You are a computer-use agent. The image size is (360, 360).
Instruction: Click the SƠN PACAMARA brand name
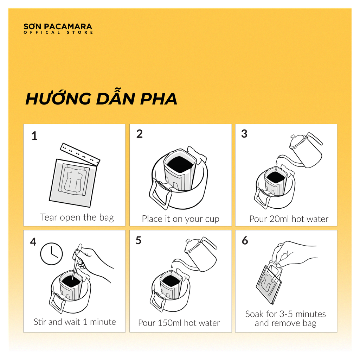coord(58,26)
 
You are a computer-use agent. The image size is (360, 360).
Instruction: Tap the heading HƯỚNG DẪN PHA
coord(101,99)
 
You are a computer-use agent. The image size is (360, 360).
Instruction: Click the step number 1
coord(34,136)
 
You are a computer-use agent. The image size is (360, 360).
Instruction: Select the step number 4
coord(33,242)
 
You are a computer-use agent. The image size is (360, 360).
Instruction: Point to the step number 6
coord(245,241)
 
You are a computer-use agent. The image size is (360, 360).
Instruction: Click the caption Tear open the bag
coord(77,217)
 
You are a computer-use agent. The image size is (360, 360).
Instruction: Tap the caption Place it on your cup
coord(180,219)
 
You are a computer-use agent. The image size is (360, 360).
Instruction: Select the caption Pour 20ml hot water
coord(289,219)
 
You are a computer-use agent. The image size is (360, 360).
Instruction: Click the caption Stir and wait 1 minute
coord(75,322)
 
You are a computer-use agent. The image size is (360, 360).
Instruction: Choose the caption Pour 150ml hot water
coord(179,323)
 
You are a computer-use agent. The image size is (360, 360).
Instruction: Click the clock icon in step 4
coord(51,253)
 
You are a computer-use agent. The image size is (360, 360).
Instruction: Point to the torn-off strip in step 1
coord(80,154)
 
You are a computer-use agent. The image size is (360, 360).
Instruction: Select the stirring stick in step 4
coord(76,260)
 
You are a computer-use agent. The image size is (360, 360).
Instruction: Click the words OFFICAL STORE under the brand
coord(58,33)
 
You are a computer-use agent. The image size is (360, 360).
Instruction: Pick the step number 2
coord(140,134)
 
